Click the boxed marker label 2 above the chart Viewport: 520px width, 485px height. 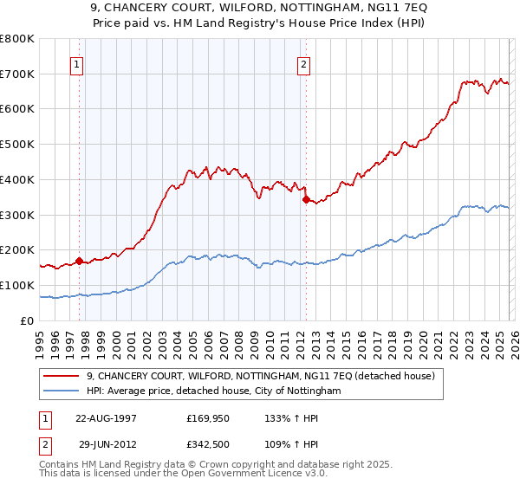304,63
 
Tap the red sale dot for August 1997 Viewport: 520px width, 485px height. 79,260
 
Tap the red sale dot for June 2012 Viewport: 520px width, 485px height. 305,199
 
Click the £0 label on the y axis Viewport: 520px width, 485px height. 28,320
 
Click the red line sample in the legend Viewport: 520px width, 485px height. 62,376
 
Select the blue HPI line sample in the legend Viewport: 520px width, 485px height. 62,391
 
